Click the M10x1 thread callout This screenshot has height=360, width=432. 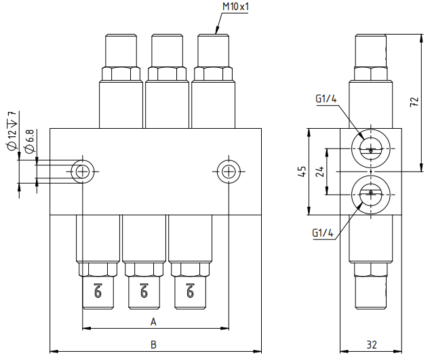click(x=235, y=6)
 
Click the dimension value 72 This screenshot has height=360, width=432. click(x=415, y=102)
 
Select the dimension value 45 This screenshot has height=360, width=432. click(x=302, y=172)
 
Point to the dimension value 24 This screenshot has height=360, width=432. click(x=319, y=172)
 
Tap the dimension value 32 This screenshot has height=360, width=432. click(x=372, y=344)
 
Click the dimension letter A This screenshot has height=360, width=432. click(x=153, y=321)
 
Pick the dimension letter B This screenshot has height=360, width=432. click(x=153, y=344)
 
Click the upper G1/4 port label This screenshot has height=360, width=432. click(x=326, y=98)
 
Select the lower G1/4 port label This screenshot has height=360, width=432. click(x=323, y=233)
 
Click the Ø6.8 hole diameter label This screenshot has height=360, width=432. click(x=30, y=140)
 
